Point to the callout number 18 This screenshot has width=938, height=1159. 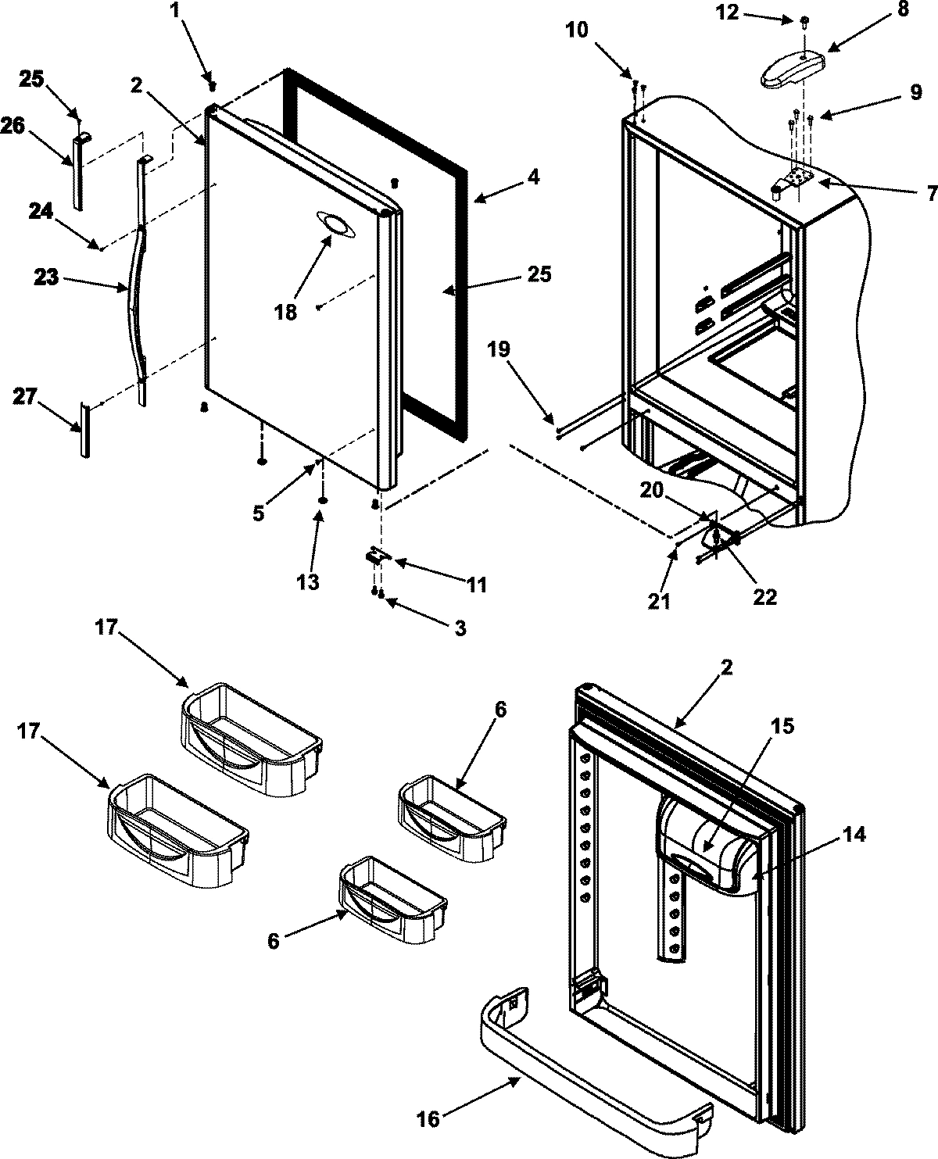pyautogui.click(x=285, y=312)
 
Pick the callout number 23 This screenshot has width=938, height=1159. pyautogui.click(x=46, y=277)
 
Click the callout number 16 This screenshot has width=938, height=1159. pyautogui.click(x=428, y=1119)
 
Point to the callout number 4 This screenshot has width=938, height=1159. pyautogui.click(x=532, y=177)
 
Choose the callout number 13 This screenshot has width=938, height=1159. pyautogui.click(x=309, y=582)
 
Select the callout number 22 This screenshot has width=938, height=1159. pyautogui.click(x=764, y=596)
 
